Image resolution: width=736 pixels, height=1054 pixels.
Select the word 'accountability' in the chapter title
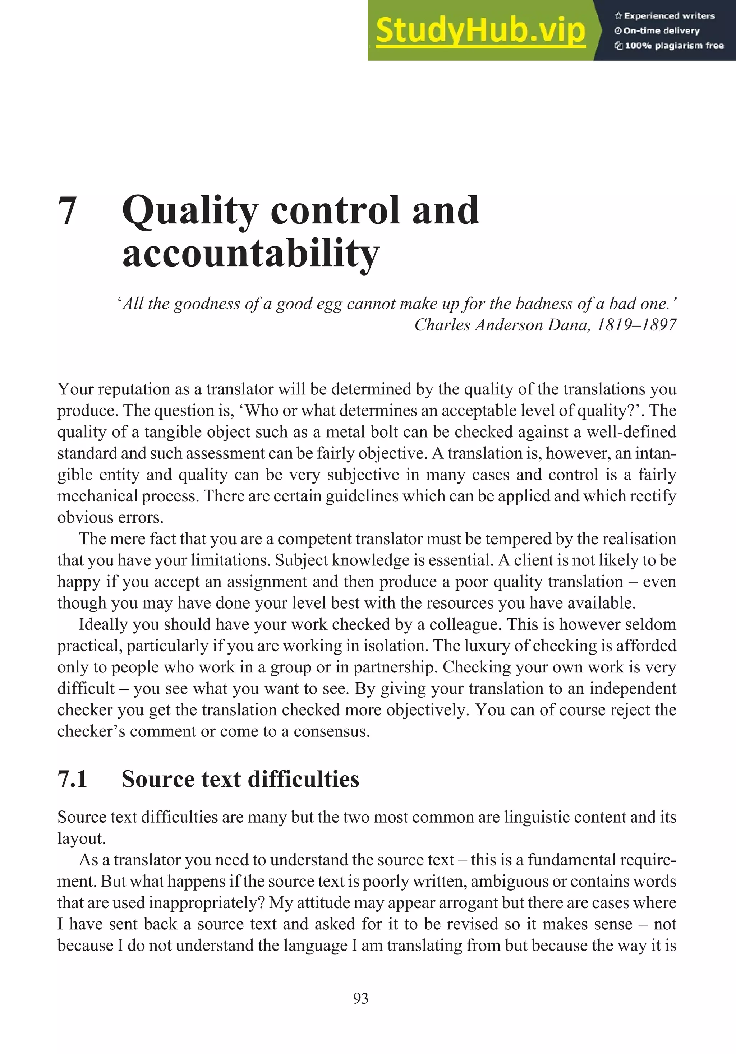click(251, 253)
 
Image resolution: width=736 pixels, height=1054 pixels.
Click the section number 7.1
click(73, 779)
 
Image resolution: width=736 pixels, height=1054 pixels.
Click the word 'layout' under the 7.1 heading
click(80, 839)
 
